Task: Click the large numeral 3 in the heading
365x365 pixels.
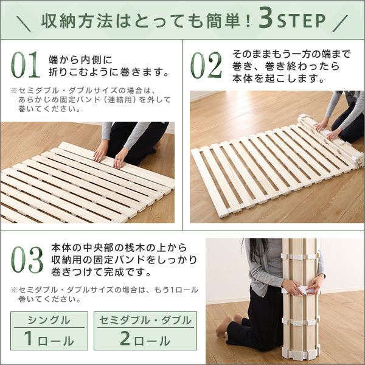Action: (266, 20)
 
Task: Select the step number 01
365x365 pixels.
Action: (26, 64)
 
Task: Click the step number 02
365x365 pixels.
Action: (206, 65)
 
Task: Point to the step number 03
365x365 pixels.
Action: (27, 260)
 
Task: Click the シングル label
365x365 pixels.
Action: (49, 321)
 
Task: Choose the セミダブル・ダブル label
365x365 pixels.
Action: (145, 321)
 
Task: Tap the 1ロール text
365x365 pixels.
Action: (49, 338)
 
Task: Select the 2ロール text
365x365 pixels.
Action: (145, 338)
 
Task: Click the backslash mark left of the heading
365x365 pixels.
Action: (23, 23)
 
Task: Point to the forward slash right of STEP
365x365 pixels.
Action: (340, 23)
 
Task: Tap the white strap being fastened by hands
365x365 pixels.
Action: (302, 289)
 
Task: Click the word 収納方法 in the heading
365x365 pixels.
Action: (77, 21)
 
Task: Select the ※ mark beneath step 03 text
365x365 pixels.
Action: (14, 290)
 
